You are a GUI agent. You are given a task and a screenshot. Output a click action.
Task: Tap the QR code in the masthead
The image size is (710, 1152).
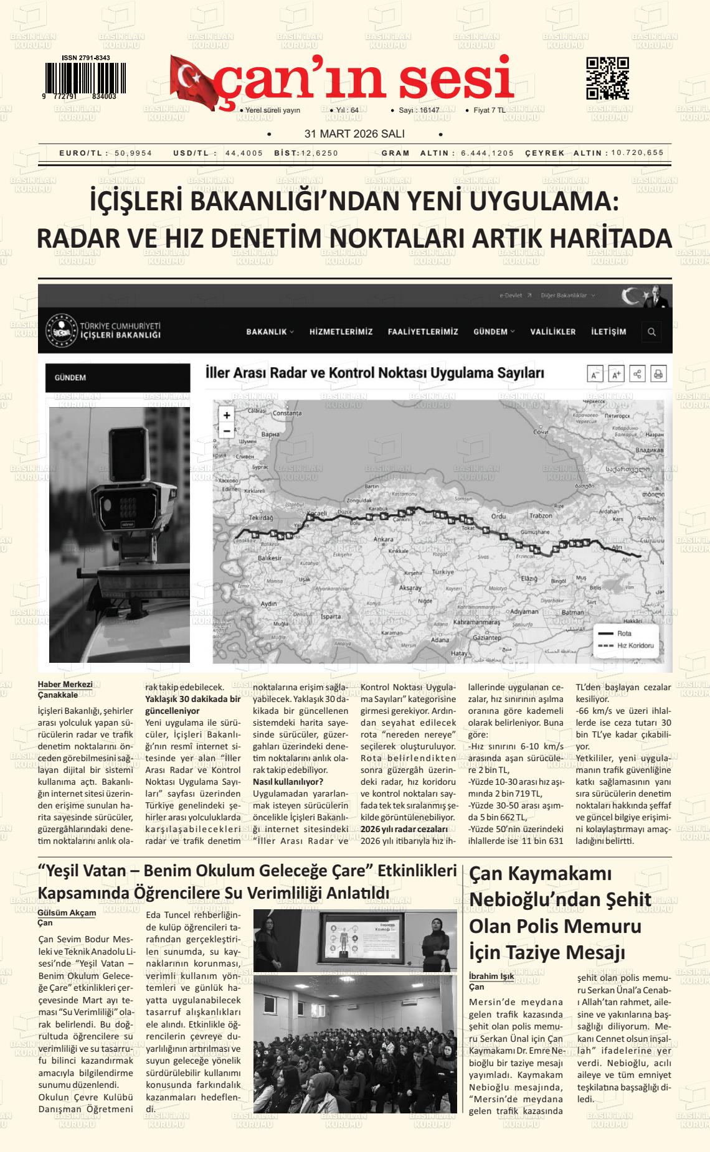(x=607, y=78)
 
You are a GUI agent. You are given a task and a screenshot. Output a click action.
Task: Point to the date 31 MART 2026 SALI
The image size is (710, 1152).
(x=354, y=134)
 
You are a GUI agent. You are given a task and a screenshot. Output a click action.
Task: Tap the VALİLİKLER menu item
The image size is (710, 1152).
(x=553, y=332)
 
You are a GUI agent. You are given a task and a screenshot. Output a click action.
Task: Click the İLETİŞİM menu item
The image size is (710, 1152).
(x=608, y=332)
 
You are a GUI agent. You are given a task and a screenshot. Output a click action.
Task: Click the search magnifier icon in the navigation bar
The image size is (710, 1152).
(x=651, y=332)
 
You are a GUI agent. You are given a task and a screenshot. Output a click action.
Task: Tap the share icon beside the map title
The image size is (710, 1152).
(x=637, y=374)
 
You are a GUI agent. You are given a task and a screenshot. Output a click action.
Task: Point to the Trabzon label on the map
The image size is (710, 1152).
(x=541, y=516)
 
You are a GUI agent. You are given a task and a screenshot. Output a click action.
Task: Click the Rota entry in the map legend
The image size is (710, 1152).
(x=623, y=634)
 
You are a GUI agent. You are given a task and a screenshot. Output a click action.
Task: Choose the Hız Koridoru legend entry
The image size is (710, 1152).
(x=635, y=645)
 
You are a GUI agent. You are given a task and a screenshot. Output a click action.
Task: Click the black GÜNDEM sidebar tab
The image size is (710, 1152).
(x=118, y=378)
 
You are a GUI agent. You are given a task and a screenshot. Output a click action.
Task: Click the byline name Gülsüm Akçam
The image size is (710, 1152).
(x=67, y=913)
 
